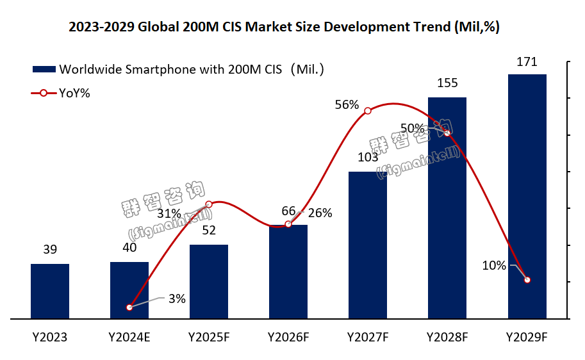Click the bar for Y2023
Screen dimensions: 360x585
point(50,291)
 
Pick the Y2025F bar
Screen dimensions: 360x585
point(209,281)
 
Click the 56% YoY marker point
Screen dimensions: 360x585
point(368,111)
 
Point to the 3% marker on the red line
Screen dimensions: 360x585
point(129,307)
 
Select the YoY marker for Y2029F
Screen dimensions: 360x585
point(527,280)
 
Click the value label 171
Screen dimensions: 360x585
point(527,62)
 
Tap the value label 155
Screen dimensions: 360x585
point(447,83)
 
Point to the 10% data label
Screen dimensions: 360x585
point(495,265)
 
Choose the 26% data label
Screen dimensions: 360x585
point(320,213)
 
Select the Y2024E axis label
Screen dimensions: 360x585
point(129,336)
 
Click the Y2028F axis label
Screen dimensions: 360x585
point(447,336)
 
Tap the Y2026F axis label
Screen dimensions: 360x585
point(288,336)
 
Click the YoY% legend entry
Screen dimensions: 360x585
point(74,93)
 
